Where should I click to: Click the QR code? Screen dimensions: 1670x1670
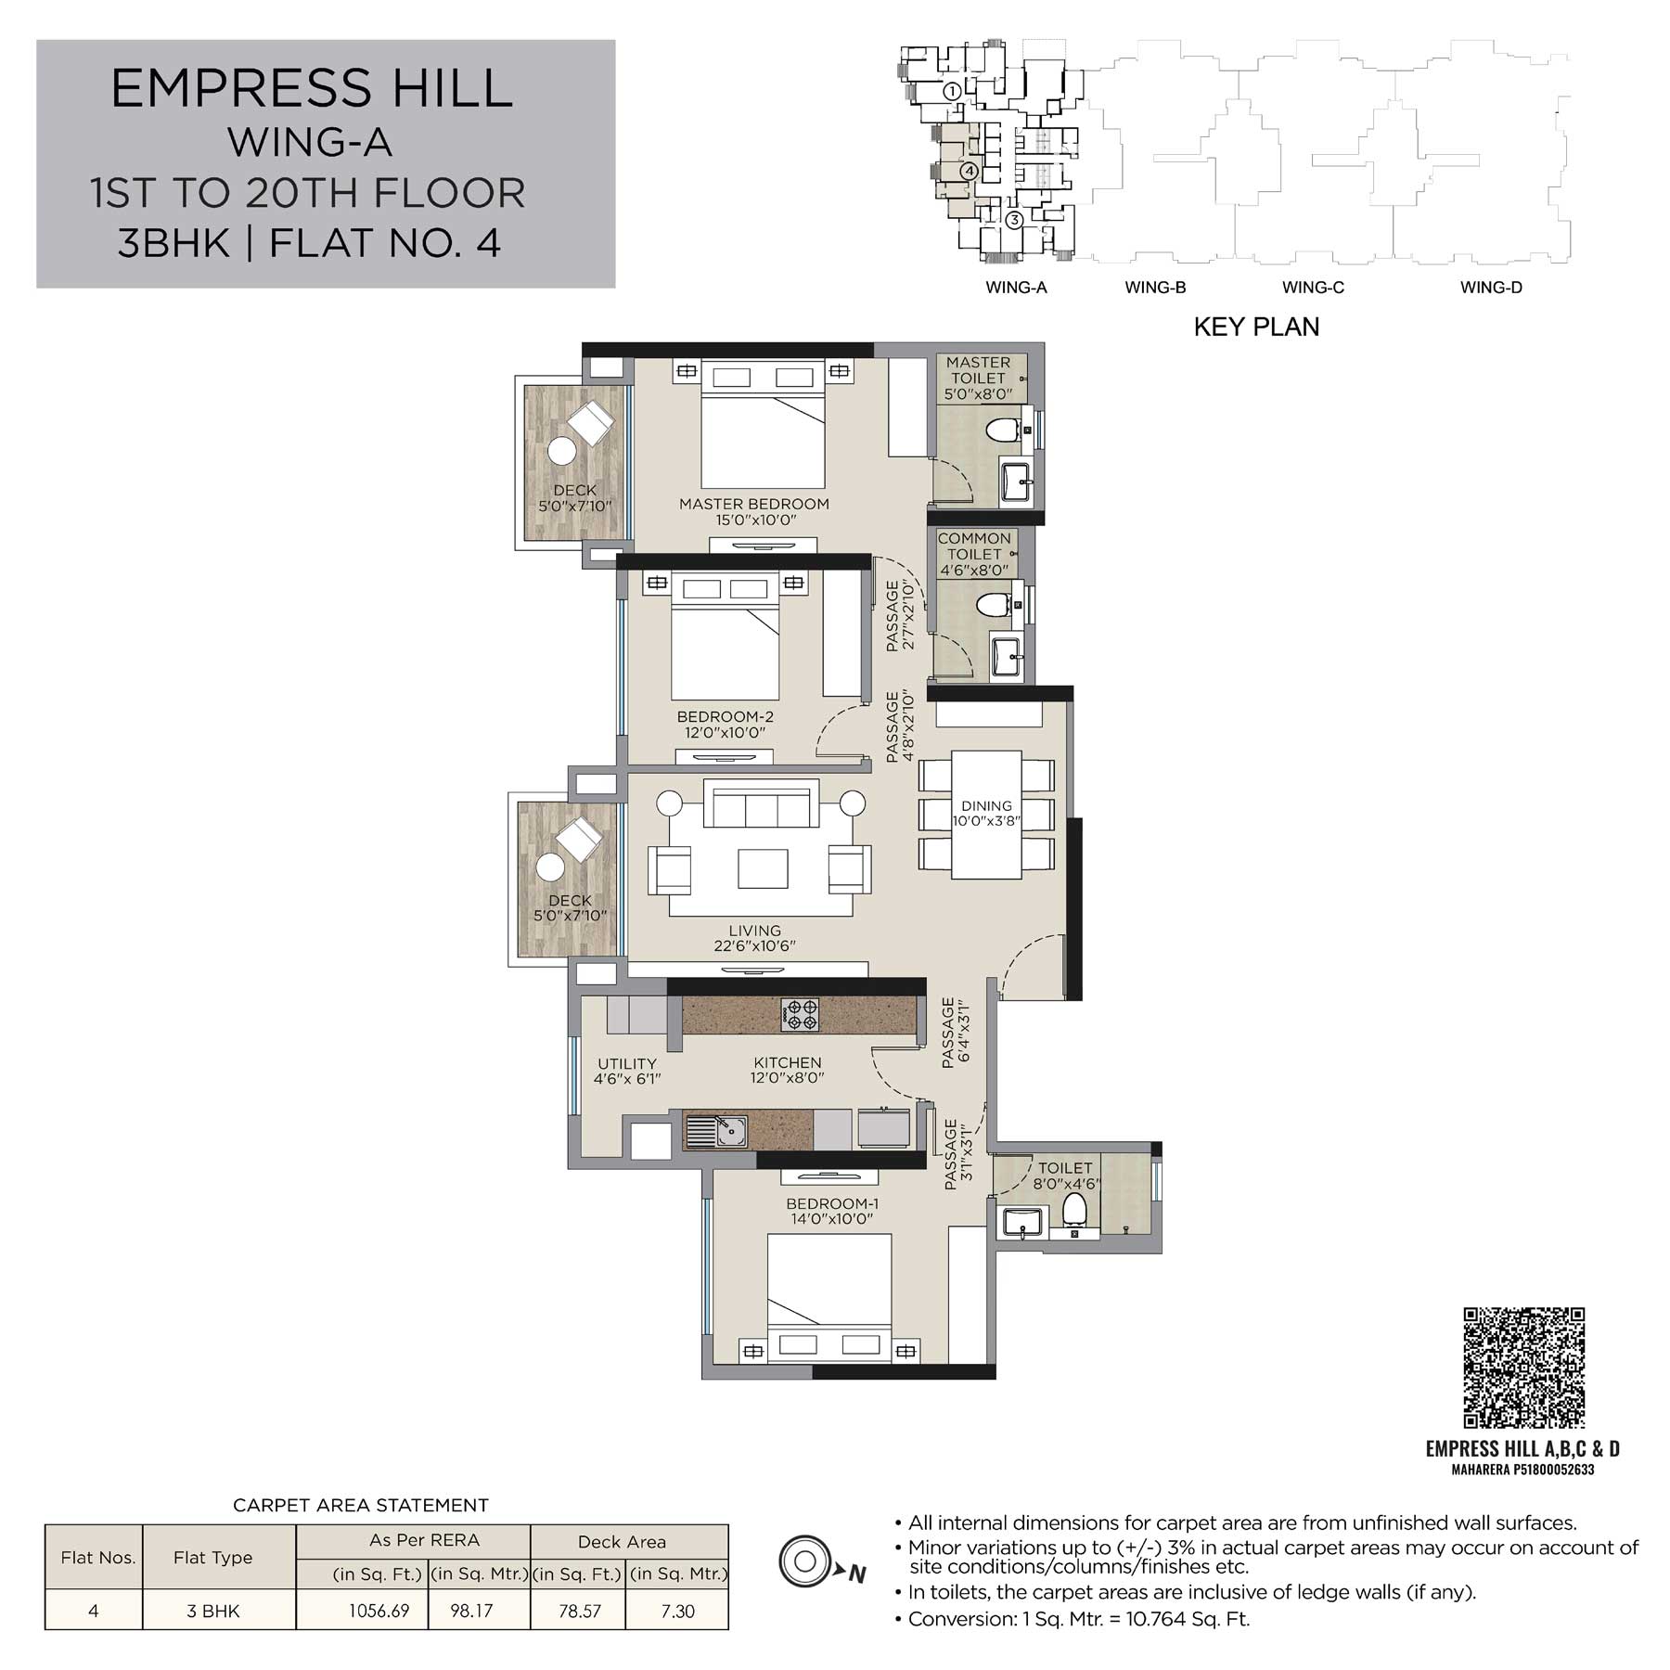click(1523, 1367)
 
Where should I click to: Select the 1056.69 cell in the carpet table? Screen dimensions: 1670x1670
click(379, 1611)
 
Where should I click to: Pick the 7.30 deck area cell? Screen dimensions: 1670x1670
click(677, 1611)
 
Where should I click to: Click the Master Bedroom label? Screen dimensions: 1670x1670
click(754, 504)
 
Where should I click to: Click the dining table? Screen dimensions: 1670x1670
click(986, 815)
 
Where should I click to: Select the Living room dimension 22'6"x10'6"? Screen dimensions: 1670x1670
click(754, 946)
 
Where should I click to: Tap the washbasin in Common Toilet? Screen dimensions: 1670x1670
click(1006, 657)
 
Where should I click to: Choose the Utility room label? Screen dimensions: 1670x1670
click(627, 1064)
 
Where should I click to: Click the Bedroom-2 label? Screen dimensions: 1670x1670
click(726, 716)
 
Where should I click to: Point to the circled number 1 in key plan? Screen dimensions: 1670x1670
click(952, 91)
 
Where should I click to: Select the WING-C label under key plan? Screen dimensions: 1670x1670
click(1313, 288)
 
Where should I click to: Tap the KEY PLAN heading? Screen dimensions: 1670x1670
click(1256, 327)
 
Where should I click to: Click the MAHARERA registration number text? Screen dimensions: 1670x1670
click(1522, 1470)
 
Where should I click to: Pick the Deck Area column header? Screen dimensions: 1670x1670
click(622, 1542)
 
